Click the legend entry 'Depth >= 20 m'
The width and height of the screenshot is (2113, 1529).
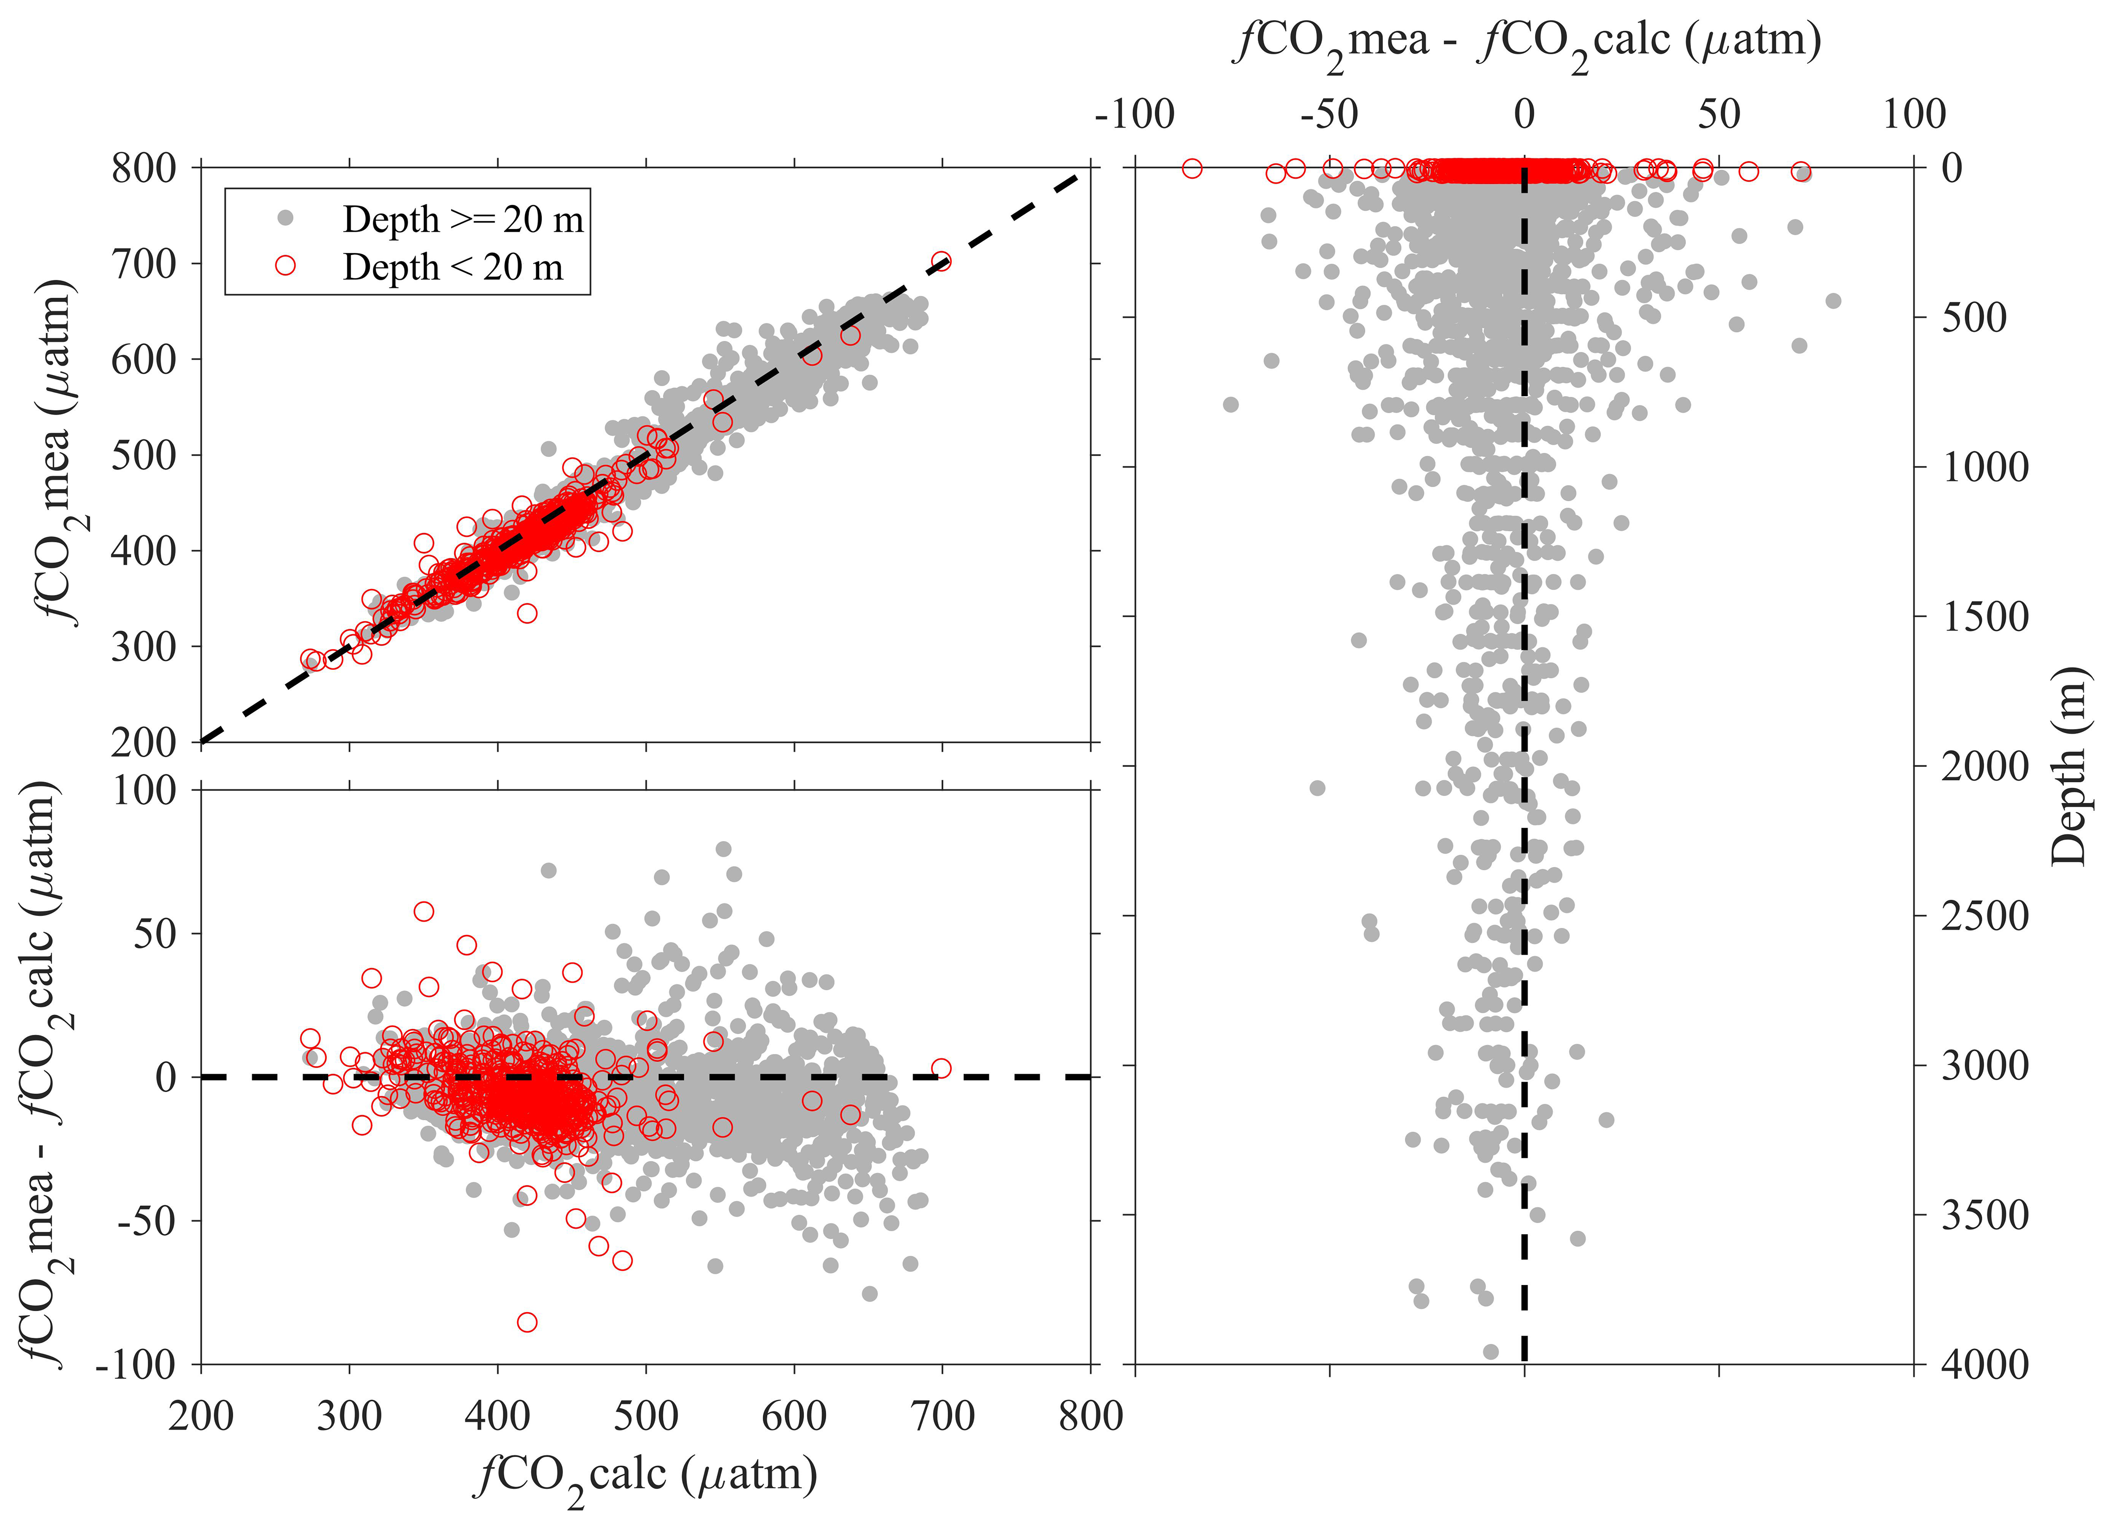click(462, 220)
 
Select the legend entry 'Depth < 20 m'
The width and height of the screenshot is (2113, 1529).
click(453, 267)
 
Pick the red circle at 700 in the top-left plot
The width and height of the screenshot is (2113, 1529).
click(941, 262)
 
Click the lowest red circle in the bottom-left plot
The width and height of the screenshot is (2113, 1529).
click(527, 1322)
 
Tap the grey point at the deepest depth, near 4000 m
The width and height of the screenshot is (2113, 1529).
click(1490, 1351)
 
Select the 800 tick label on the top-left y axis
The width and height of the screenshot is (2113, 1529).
click(144, 169)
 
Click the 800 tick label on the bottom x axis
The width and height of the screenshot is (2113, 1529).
click(1090, 1417)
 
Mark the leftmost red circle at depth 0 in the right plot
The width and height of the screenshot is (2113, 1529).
click(1191, 169)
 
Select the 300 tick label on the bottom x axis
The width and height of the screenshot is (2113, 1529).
click(349, 1417)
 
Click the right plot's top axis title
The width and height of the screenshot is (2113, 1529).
click(1528, 42)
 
